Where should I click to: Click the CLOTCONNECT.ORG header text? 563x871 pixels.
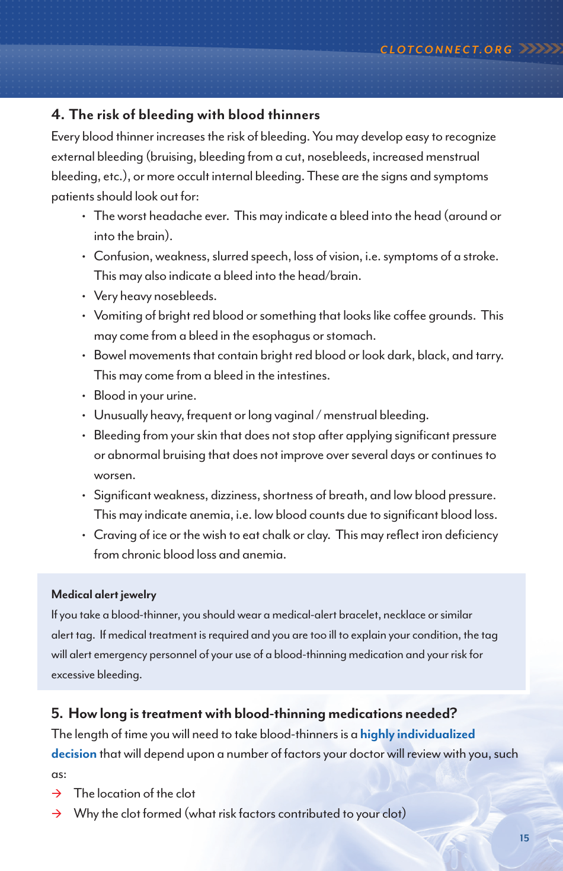pyautogui.click(x=446, y=50)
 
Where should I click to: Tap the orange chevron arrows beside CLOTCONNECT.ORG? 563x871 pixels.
pyautogui.click(x=539, y=49)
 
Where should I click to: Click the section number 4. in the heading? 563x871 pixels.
pyautogui.click(x=57, y=115)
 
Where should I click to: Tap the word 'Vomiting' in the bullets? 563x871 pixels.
pyautogui.click(x=118, y=316)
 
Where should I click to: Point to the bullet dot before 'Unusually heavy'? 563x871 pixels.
pyautogui.click(x=84, y=416)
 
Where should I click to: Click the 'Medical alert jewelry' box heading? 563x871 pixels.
pyautogui.click(x=104, y=595)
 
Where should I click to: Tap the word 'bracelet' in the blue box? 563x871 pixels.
pyautogui.click(x=353, y=615)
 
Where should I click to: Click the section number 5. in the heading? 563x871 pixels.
pyautogui.click(x=57, y=714)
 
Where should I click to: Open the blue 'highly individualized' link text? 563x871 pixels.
pyautogui.click(x=417, y=735)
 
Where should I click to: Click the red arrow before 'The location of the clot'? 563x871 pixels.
pyautogui.click(x=57, y=794)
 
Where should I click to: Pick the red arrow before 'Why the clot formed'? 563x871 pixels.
pyautogui.click(x=57, y=814)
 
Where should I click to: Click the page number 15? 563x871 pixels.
pyautogui.click(x=524, y=838)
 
